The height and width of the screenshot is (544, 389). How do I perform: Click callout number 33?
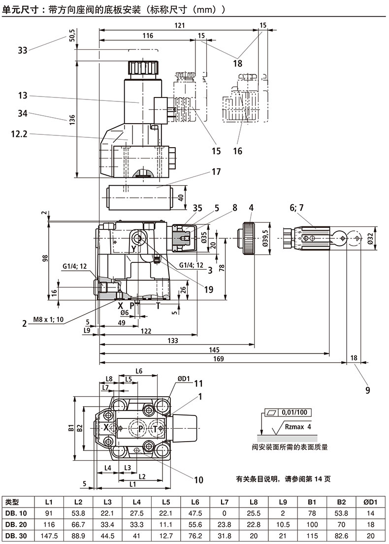tap(22, 50)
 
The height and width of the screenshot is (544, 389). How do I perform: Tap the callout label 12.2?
tap(20, 132)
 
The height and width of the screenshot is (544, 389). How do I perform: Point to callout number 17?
tap(216, 172)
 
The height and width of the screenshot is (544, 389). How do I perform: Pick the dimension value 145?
tap(214, 350)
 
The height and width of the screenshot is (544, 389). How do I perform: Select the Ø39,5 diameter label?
tap(265, 238)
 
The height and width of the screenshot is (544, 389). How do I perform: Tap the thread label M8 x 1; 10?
tap(47, 320)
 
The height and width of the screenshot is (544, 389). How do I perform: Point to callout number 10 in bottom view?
tap(199, 479)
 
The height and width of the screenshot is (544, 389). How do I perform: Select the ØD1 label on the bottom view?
tap(183, 379)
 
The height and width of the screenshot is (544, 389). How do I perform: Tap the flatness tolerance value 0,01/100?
tap(294, 412)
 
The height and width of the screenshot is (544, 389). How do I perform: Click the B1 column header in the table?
tap(312, 502)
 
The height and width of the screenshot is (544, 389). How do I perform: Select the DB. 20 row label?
tap(17, 525)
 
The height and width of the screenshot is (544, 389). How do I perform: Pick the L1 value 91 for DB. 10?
tap(49, 513)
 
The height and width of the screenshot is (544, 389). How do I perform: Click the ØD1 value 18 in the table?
tap(370, 525)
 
